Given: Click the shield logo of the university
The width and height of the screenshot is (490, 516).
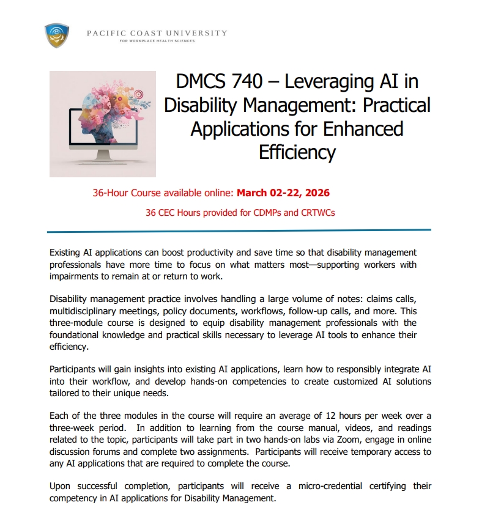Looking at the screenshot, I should click(57, 35).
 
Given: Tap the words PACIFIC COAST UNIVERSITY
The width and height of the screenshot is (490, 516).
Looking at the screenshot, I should click(157, 33).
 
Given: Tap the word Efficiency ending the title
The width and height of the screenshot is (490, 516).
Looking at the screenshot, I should click(297, 152).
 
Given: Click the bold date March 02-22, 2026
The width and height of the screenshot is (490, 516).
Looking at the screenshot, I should click(283, 193).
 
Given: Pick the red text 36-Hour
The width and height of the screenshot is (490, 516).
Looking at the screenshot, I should click(111, 193).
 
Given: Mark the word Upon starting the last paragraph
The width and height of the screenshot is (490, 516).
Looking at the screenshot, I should click(61, 486).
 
